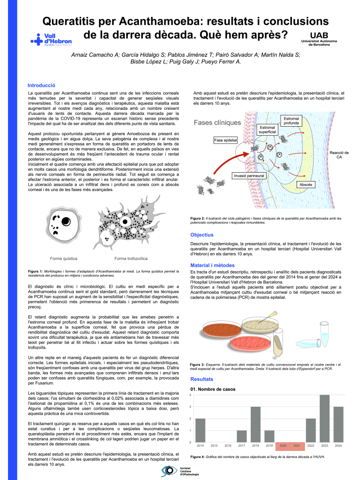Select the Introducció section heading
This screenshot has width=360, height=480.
point(42,85)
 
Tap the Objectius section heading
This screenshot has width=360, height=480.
point(202,235)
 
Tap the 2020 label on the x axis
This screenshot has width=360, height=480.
point(283,445)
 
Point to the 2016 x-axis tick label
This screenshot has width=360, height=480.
point(228,445)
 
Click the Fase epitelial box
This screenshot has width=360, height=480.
point(225,140)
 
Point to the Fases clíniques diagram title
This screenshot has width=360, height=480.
point(217,123)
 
